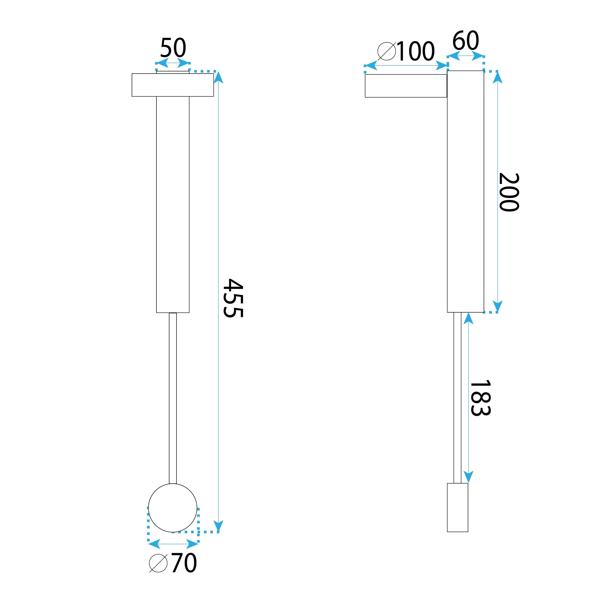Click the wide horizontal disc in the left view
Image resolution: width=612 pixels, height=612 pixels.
[173, 85]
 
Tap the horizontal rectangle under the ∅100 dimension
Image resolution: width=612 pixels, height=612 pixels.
[406, 86]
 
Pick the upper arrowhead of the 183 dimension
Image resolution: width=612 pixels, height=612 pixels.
[468, 318]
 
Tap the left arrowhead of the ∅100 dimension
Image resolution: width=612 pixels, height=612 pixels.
[370, 66]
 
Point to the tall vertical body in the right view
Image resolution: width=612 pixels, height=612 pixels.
[465, 191]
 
